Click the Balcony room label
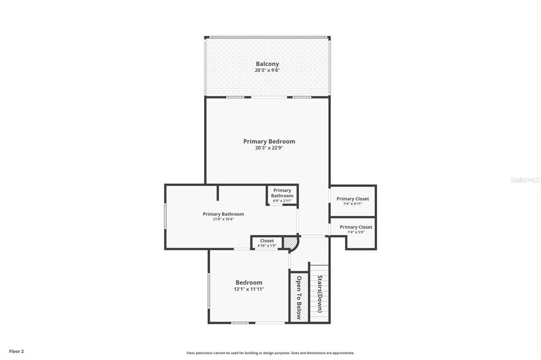[x=267, y=64]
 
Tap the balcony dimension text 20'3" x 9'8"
[x=267, y=70]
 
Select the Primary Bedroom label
[x=269, y=141]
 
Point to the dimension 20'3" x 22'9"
[x=269, y=148]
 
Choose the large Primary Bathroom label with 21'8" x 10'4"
[x=223, y=214]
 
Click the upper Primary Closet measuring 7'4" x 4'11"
[x=353, y=201]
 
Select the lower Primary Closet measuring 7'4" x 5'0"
[x=356, y=229]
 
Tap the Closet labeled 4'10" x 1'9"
[x=267, y=243]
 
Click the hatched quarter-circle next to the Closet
[x=290, y=243]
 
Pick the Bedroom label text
[x=249, y=282]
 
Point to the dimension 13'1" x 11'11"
[x=249, y=289]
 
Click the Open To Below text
[x=299, y=297]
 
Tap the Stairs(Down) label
[x=320, y=293]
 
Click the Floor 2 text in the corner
[x=16, y=351]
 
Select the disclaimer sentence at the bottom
[x=270, y=353]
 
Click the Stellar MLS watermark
[x=525, y=180]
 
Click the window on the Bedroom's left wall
[x=209, y=290]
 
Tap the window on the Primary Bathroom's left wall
[x=165, y=216]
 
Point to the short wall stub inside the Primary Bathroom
[x=217, y=193]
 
